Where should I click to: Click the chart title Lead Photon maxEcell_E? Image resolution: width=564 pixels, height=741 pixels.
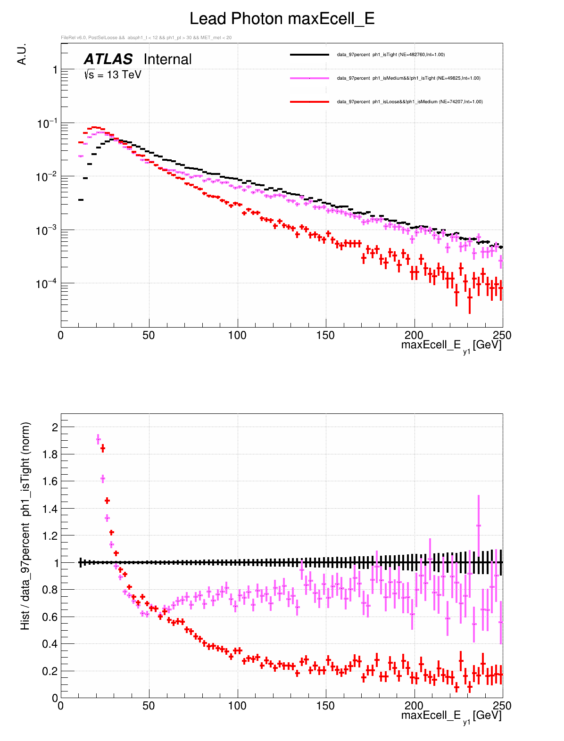282,19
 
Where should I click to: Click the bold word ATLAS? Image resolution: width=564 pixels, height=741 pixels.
108,59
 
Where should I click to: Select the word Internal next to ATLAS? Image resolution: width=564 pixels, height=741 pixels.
167,59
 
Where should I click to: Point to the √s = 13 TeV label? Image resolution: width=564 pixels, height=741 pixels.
113,74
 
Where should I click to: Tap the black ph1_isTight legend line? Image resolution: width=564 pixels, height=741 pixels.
309,55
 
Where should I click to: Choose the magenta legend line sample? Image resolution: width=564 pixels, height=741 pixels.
309,78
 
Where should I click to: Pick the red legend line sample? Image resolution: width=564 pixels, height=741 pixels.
309,102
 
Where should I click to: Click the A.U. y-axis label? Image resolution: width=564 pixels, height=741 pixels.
22,54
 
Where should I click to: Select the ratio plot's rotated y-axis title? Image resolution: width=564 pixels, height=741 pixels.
25,526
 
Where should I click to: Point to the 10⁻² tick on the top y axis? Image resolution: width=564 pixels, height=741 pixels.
47,177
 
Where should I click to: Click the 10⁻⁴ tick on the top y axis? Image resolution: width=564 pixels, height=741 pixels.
47,284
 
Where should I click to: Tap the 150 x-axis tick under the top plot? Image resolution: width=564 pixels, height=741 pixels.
325,335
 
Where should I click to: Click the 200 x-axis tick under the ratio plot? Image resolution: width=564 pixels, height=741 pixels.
414,706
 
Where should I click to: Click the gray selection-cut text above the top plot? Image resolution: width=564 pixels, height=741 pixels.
146,38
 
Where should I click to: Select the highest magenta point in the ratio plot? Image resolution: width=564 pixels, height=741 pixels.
98,439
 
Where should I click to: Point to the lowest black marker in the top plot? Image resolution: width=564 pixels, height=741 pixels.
81,200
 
